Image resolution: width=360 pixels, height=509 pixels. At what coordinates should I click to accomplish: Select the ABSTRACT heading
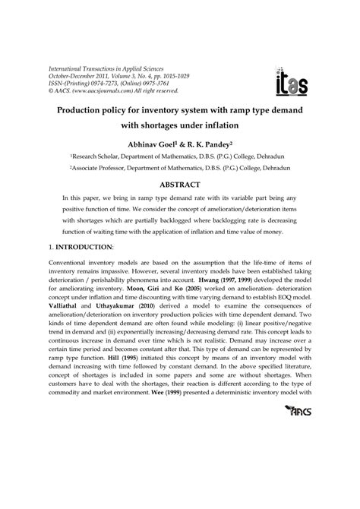pyautogui.click(x=179, y=185)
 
